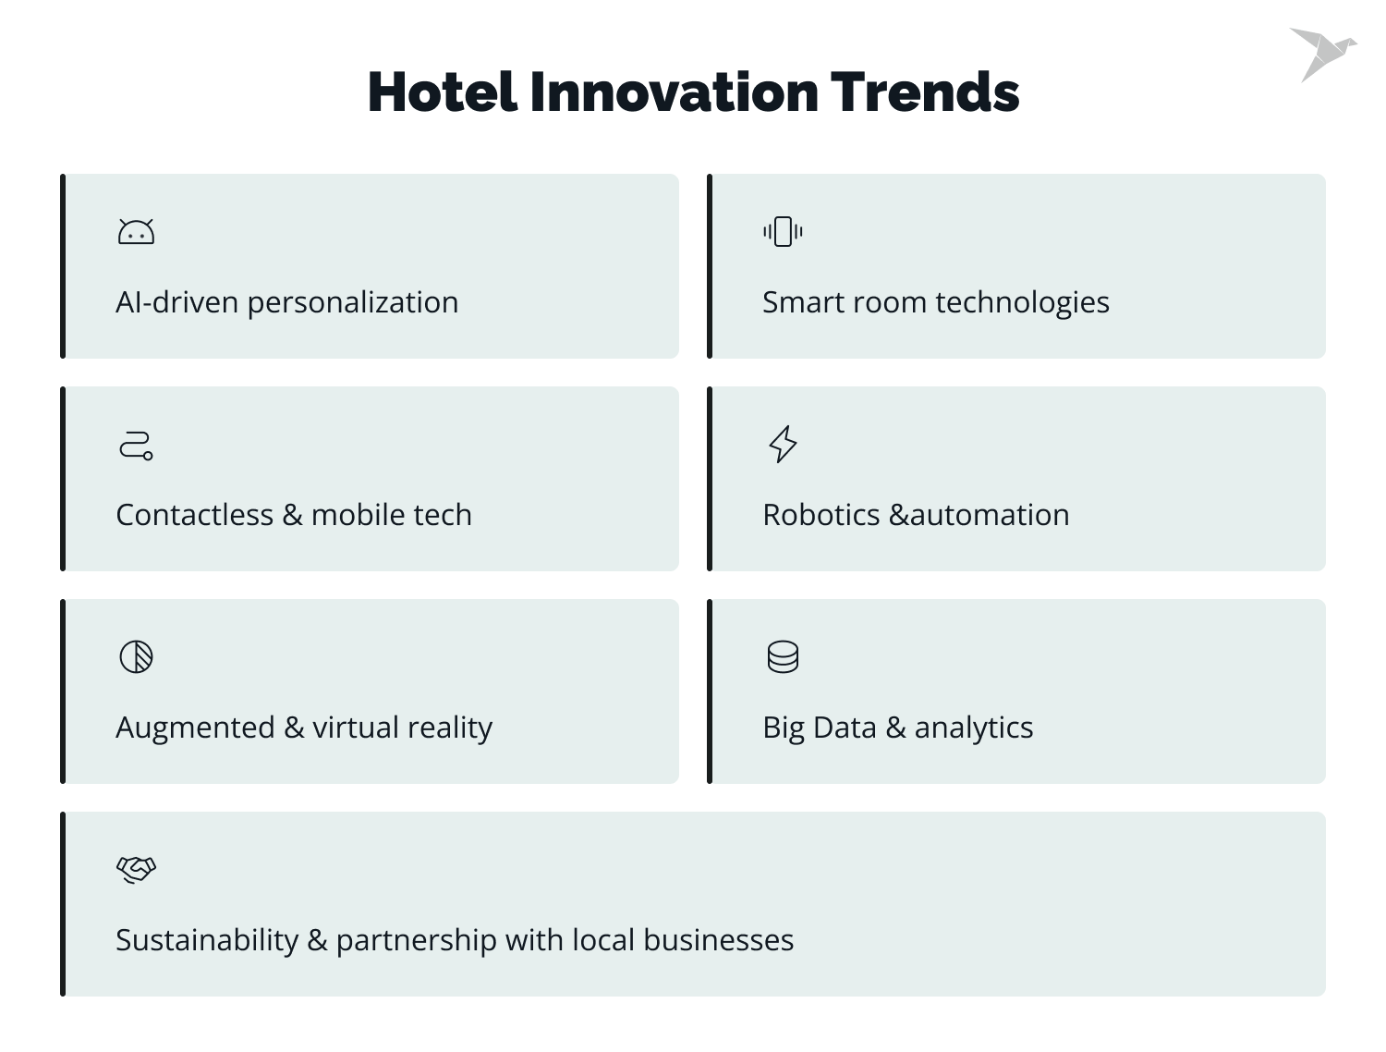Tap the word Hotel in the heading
point(442,92)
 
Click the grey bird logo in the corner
point(1322,54)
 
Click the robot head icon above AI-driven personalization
point(136,232)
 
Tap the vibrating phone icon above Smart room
point(783,231)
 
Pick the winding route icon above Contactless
point(136,445)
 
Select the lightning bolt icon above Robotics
point(783,444)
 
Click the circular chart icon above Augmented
point(136,657)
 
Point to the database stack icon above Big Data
point(783,657)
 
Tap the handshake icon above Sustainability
point(136,870)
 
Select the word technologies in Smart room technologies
point(1022,303)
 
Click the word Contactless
point(194,515)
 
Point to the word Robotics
point(821,515)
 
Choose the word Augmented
point(195,728)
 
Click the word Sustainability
point(206,941)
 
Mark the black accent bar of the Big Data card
point(710,691)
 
